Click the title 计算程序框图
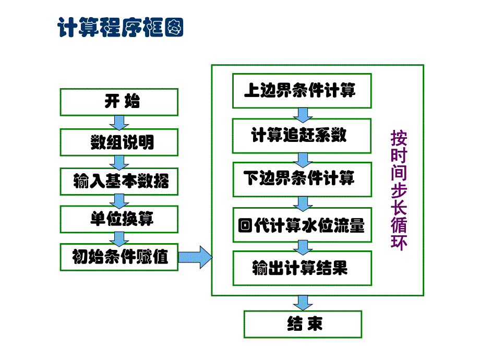121,28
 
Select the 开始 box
119,102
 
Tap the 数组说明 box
119,142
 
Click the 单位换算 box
119,219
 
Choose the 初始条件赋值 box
119,257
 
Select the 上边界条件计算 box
302,91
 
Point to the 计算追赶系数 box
302,136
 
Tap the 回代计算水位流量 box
302,225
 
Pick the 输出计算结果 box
302,269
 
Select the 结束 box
303,324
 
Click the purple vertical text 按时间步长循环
399,190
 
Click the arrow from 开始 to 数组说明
119,122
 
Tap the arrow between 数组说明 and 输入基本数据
119,161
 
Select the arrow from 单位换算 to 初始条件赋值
119,238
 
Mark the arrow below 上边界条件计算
302,113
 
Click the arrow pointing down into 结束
303,303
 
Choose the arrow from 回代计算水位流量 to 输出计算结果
302,246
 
